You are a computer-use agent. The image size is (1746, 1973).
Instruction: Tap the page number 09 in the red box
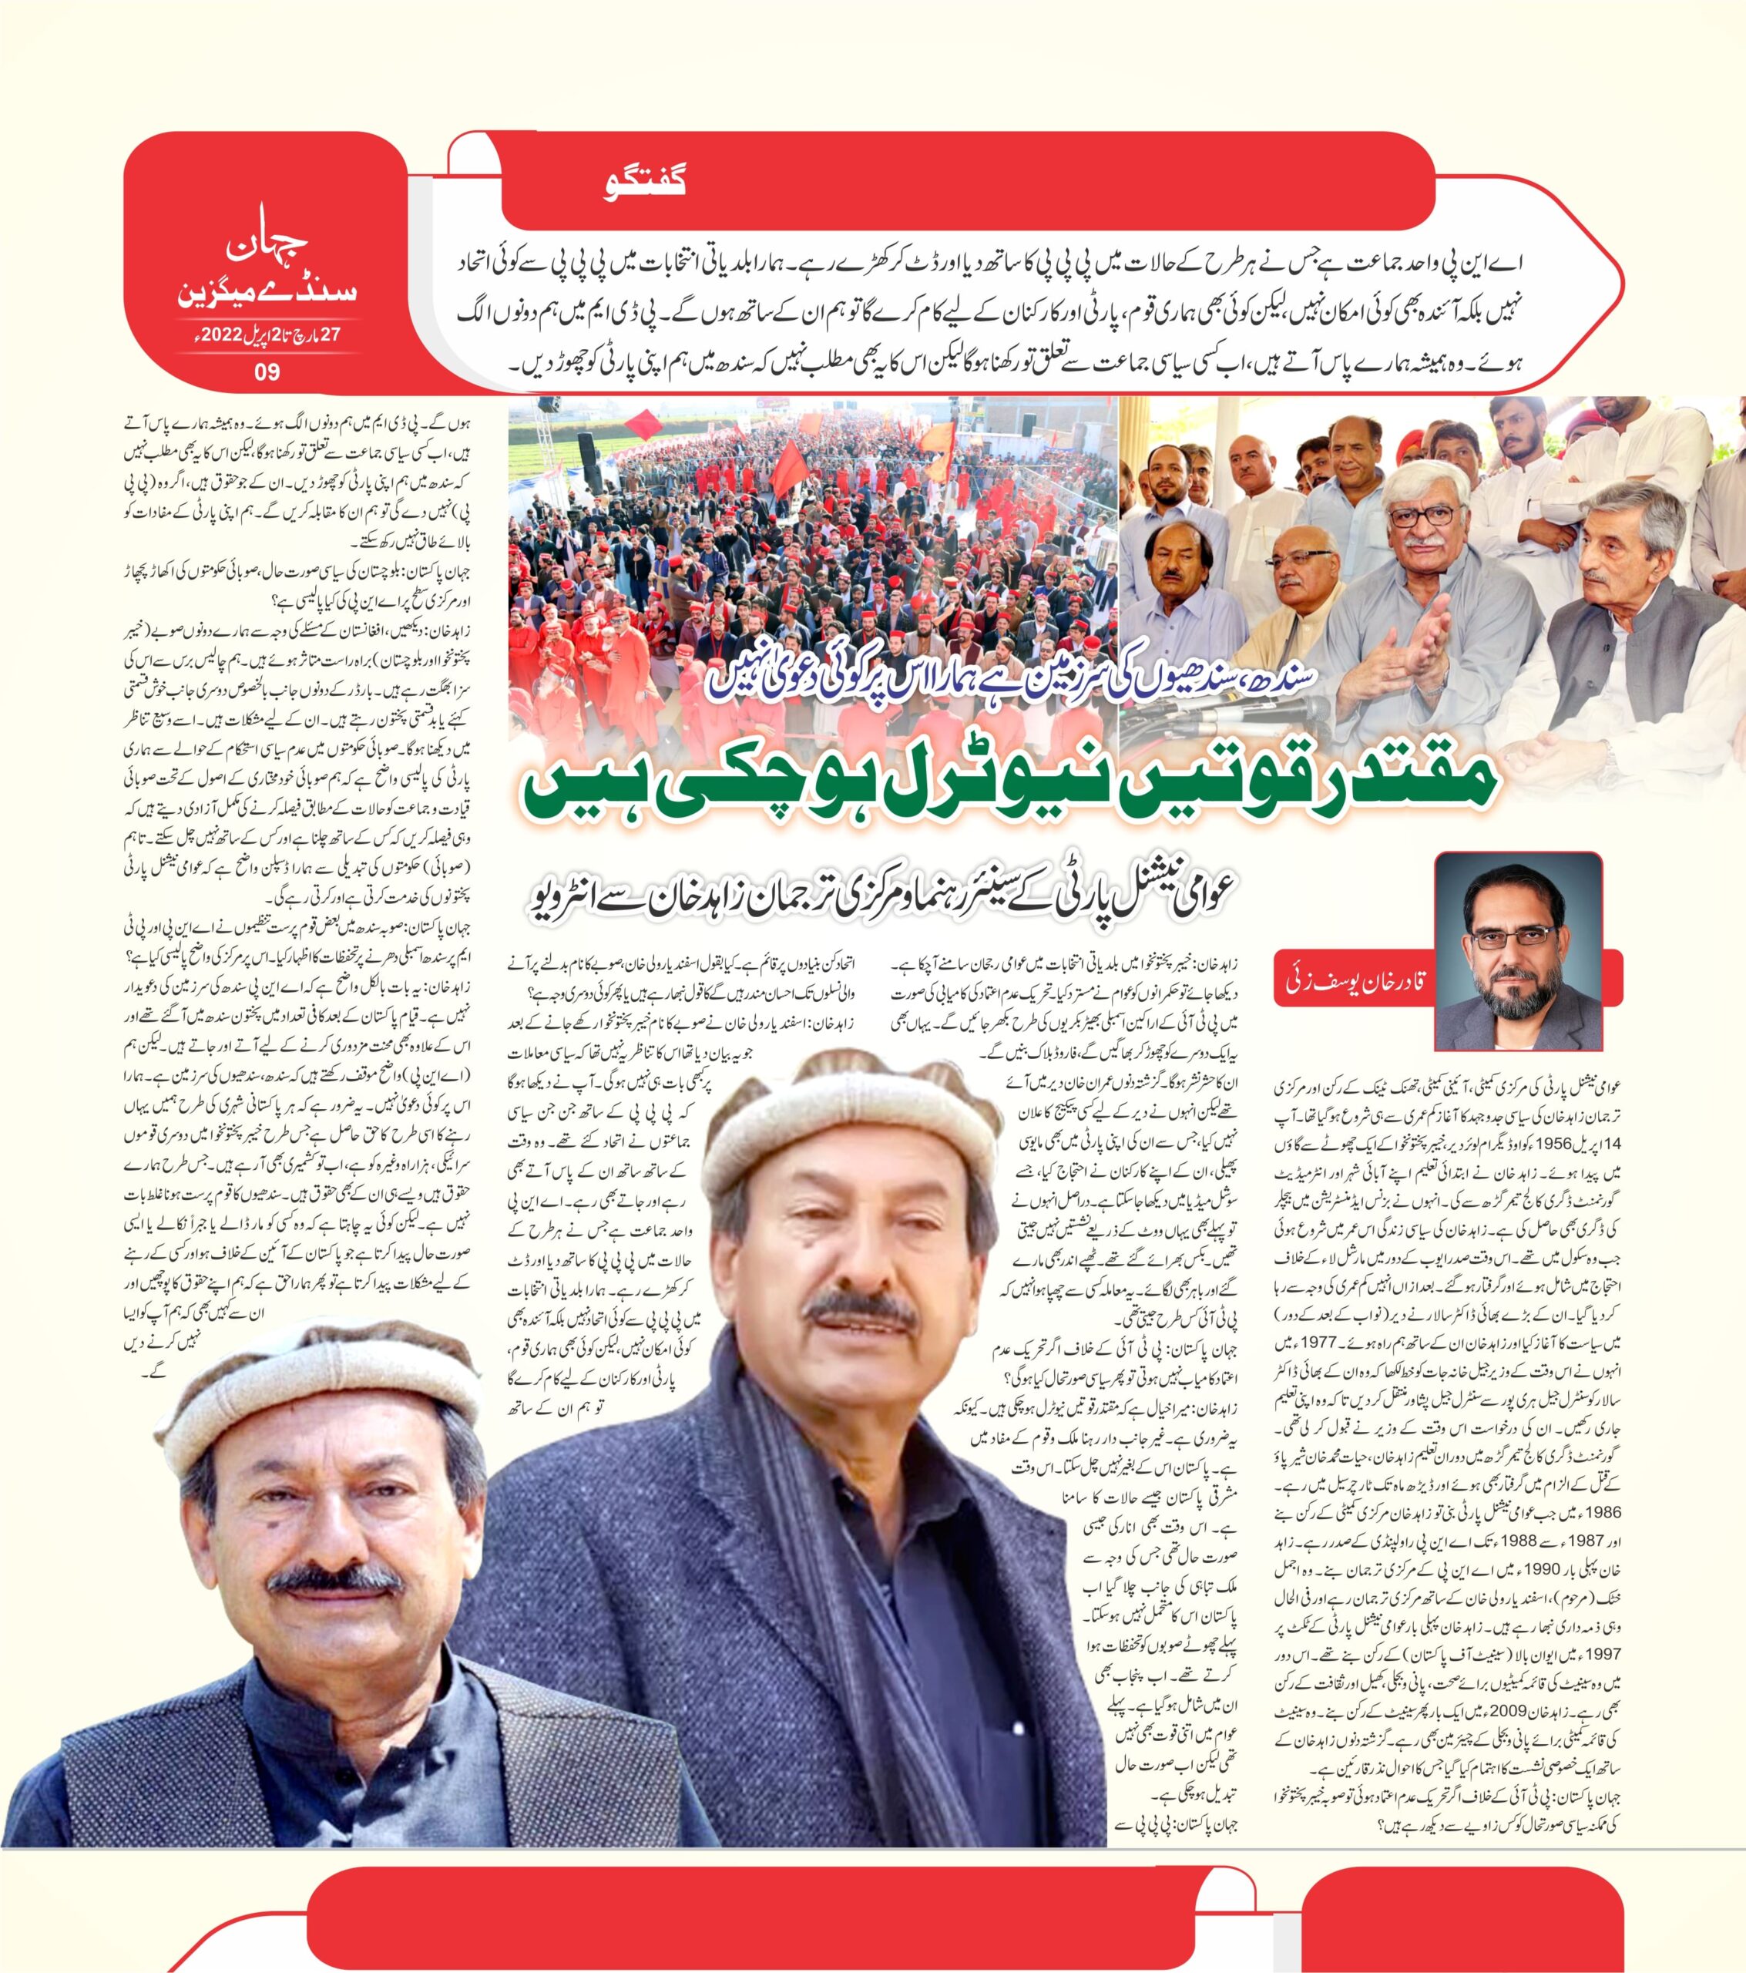[267, 371]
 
